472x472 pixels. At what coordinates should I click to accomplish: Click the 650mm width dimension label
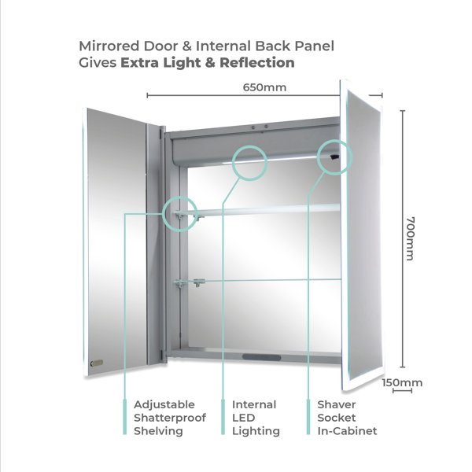coord(264,87)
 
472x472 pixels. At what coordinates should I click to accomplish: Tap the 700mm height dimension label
coord(411,238)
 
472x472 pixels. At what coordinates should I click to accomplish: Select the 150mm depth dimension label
coord(402,382)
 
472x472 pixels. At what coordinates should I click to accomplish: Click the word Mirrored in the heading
coord(109,46)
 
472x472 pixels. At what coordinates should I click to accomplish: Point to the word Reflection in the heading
coord(257,63)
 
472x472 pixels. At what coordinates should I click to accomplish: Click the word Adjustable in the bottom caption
coord(164,405)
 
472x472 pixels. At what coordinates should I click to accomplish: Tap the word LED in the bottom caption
coord(244,418)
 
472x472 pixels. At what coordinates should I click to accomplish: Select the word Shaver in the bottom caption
coord(337,404)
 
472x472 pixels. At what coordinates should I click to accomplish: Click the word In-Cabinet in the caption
coord(347,431)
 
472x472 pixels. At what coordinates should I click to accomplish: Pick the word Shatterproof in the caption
coord(170,419)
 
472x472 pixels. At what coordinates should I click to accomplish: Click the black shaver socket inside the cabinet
coord(334,157)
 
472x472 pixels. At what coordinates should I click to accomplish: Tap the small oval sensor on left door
coord(97,363)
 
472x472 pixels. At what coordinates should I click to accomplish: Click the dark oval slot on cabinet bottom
coord(261,357)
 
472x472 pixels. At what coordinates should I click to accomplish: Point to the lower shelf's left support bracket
coord(179,283)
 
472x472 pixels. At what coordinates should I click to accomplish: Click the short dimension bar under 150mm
coord(402,391)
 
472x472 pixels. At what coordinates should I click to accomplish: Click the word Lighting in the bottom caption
coord(256,431)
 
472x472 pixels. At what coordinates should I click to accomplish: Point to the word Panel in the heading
coord(314,46)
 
